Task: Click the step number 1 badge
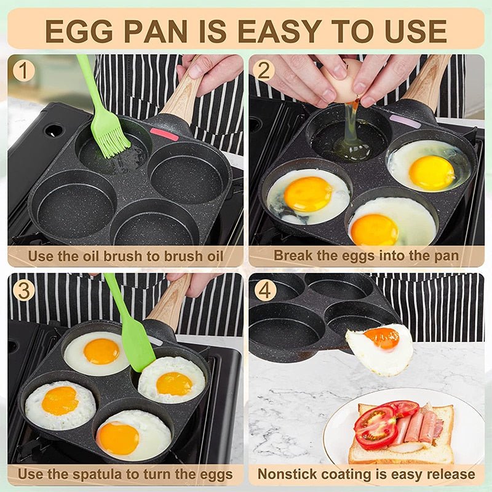coord(23,71)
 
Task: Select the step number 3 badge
coord(23,290)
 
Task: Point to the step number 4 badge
coord(265,290)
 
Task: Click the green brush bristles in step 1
coord(111,142)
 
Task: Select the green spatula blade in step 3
coord(139,347)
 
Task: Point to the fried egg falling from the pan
coord(380,349)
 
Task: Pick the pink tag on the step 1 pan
coord(164,134)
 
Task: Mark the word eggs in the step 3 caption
coord(212,474)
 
